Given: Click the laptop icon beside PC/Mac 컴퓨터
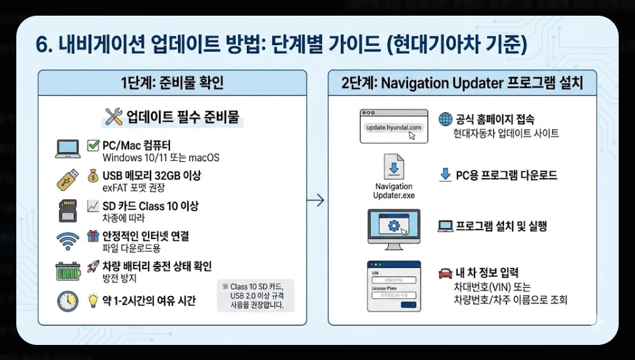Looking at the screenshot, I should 67,149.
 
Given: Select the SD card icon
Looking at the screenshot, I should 67,210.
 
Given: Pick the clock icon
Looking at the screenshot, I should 67,301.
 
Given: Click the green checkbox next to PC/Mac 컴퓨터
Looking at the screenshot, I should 93,146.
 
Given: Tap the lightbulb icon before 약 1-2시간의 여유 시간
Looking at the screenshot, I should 93,300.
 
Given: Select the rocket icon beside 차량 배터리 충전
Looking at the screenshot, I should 93,266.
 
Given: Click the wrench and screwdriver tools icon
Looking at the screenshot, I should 114,116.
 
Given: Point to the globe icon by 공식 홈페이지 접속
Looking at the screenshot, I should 445,119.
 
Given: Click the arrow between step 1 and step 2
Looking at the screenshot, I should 318,201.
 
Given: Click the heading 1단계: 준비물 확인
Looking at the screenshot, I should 172,83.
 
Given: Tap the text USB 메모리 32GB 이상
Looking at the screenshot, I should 151,175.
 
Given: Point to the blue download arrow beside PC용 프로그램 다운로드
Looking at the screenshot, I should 445,175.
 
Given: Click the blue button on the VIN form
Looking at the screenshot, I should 408,305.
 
